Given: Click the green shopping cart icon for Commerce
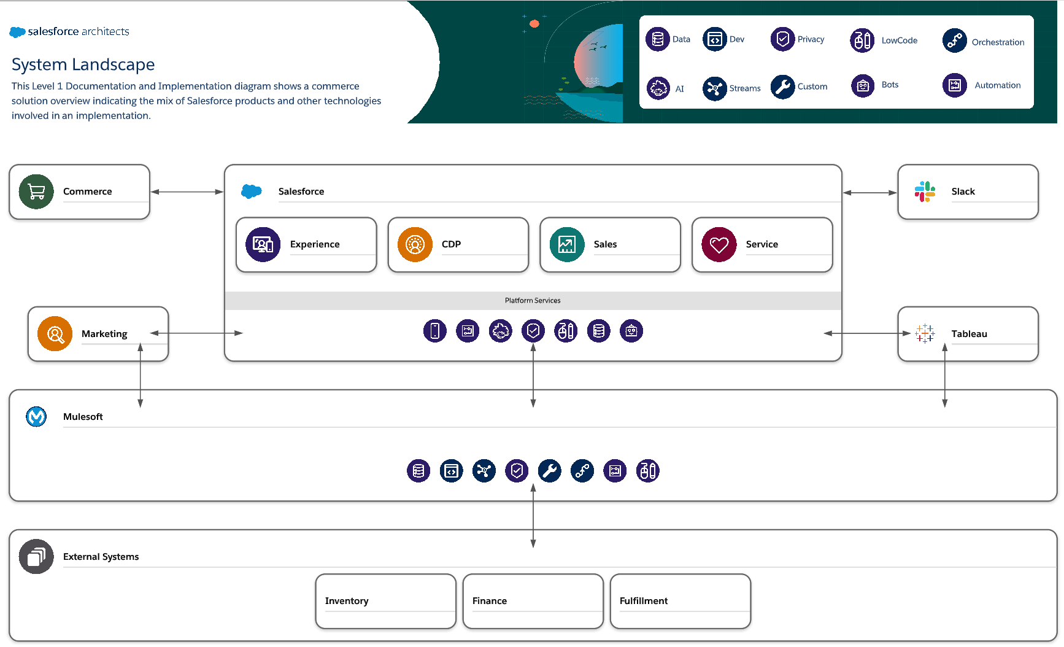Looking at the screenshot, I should [x=36, y=192].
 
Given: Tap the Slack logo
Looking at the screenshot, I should [x=925, y=192].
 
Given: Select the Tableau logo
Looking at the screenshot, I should [x=925, y=333].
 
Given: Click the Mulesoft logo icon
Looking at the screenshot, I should [x=36, y=416].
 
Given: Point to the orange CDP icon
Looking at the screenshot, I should [x=415, y=244].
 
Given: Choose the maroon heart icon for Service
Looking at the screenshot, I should [x=719, y=244].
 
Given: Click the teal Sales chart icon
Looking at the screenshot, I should [x=567, y=244].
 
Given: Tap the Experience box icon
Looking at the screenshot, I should [x=263, y=244].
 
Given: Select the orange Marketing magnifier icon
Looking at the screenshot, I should [x=55, y=334].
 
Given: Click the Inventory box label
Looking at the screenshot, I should [x=347, y=601].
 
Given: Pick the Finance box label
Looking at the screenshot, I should [x=490, y=601].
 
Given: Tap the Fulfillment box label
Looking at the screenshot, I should [x=644, y=601].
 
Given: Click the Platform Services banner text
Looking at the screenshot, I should [x=533, y=301].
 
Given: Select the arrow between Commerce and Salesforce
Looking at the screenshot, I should [x=187, y=192].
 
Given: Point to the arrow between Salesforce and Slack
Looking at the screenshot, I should [x=870, y=193].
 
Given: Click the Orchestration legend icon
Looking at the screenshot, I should [x=954, y=41].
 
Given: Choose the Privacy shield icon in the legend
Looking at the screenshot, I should [x=782, y=39].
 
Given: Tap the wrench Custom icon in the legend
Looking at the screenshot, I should [x=782, y=87].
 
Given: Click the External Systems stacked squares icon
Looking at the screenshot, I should [x=36, y=556].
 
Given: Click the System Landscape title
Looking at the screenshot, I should [x=83, y=64].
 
